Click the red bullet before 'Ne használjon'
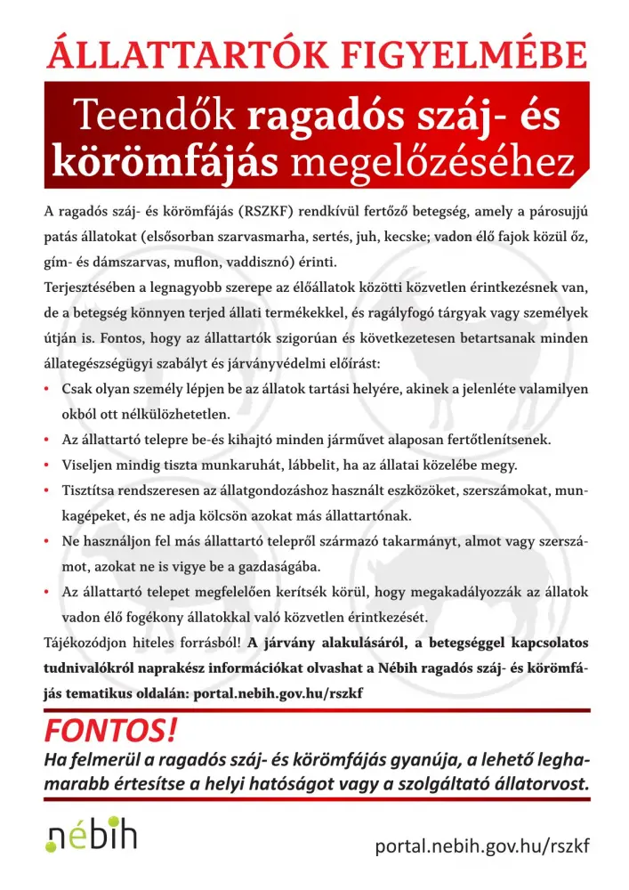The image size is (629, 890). pyautogui.click(x=46, y=541)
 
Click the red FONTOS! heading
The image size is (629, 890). pyautogui.click(x=111, y=732)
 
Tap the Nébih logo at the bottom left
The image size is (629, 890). pyautogui.click(x=91, y=837)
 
